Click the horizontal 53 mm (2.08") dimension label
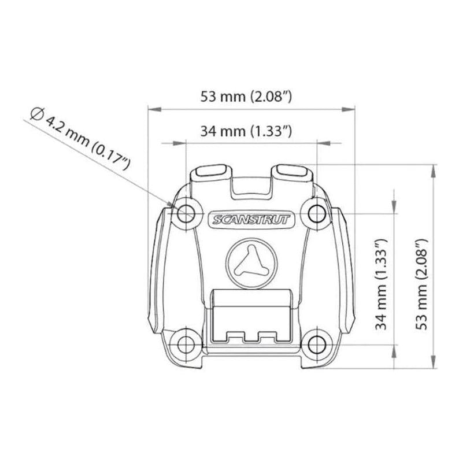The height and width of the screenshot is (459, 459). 250,97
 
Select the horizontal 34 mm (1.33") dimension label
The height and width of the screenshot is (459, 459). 245,131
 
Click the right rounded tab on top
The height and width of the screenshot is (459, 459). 292,172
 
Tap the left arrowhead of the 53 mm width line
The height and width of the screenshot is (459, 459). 151,108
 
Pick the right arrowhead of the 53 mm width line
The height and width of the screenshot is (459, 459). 350,108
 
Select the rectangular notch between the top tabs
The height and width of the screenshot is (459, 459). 251,184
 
